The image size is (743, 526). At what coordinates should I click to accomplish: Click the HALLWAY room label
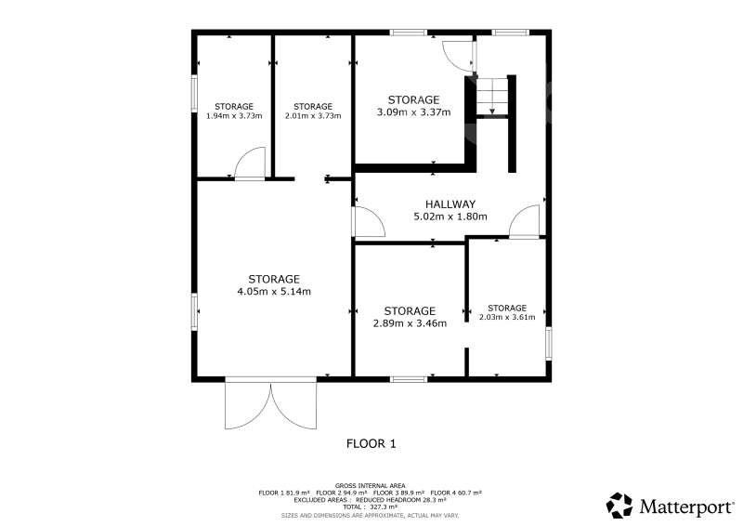[x=450, y=204]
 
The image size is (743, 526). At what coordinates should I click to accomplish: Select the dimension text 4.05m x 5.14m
[x=274, y=292]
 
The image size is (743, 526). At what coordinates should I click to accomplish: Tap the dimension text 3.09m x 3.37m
[x=413, y=112]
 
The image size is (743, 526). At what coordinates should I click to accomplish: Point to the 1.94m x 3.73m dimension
[x=234, y=116]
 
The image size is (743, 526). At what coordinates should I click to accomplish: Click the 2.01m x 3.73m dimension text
[x=313, y=116]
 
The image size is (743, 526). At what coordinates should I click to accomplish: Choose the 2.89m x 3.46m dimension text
[x=410, y=323]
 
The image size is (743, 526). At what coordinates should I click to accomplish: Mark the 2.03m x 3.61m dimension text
[x=507, y=317]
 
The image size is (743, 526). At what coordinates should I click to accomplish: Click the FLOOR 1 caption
[x=371, y=444]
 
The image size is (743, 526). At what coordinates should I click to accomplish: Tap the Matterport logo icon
[x=619, y=506]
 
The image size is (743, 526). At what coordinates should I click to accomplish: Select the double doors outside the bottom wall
[x=270, y=405]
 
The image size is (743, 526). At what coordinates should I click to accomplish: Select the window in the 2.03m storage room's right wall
[x=549, y=343]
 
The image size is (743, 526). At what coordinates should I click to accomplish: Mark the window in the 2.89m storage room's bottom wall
[x=409, y=379]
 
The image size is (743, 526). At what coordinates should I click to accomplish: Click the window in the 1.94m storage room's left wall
[x=194, y=94]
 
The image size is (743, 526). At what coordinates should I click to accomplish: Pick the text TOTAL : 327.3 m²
[x=371, y=507]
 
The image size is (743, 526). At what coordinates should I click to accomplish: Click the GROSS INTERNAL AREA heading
[x=370, y=486]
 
